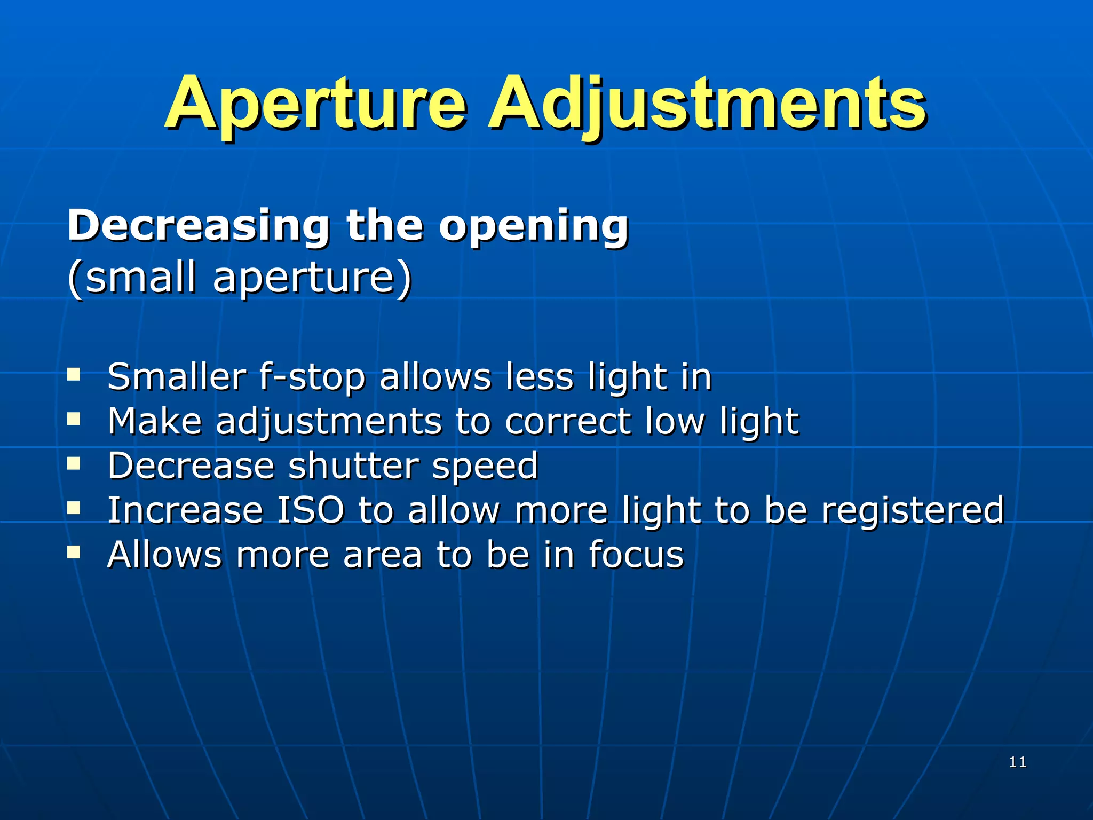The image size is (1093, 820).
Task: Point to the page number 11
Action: (1018, 762)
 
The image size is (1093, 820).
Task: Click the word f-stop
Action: (312, 377)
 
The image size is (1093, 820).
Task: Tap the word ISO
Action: (311, 510)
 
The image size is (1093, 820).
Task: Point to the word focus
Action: (636, 554)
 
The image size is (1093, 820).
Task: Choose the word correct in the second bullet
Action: (568, 422)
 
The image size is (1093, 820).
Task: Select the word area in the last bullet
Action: (383, 555)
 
